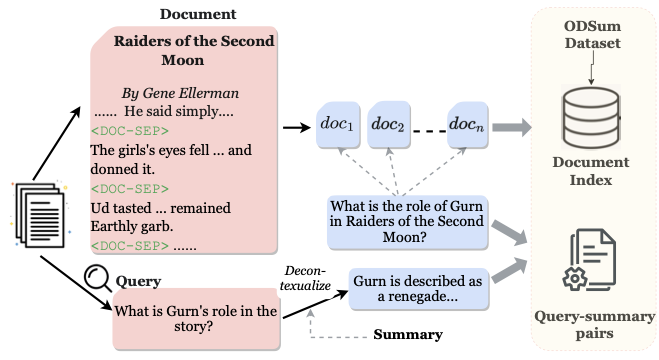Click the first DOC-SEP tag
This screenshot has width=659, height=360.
pos(130,130)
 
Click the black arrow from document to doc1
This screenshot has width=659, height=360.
pos(297,126)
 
